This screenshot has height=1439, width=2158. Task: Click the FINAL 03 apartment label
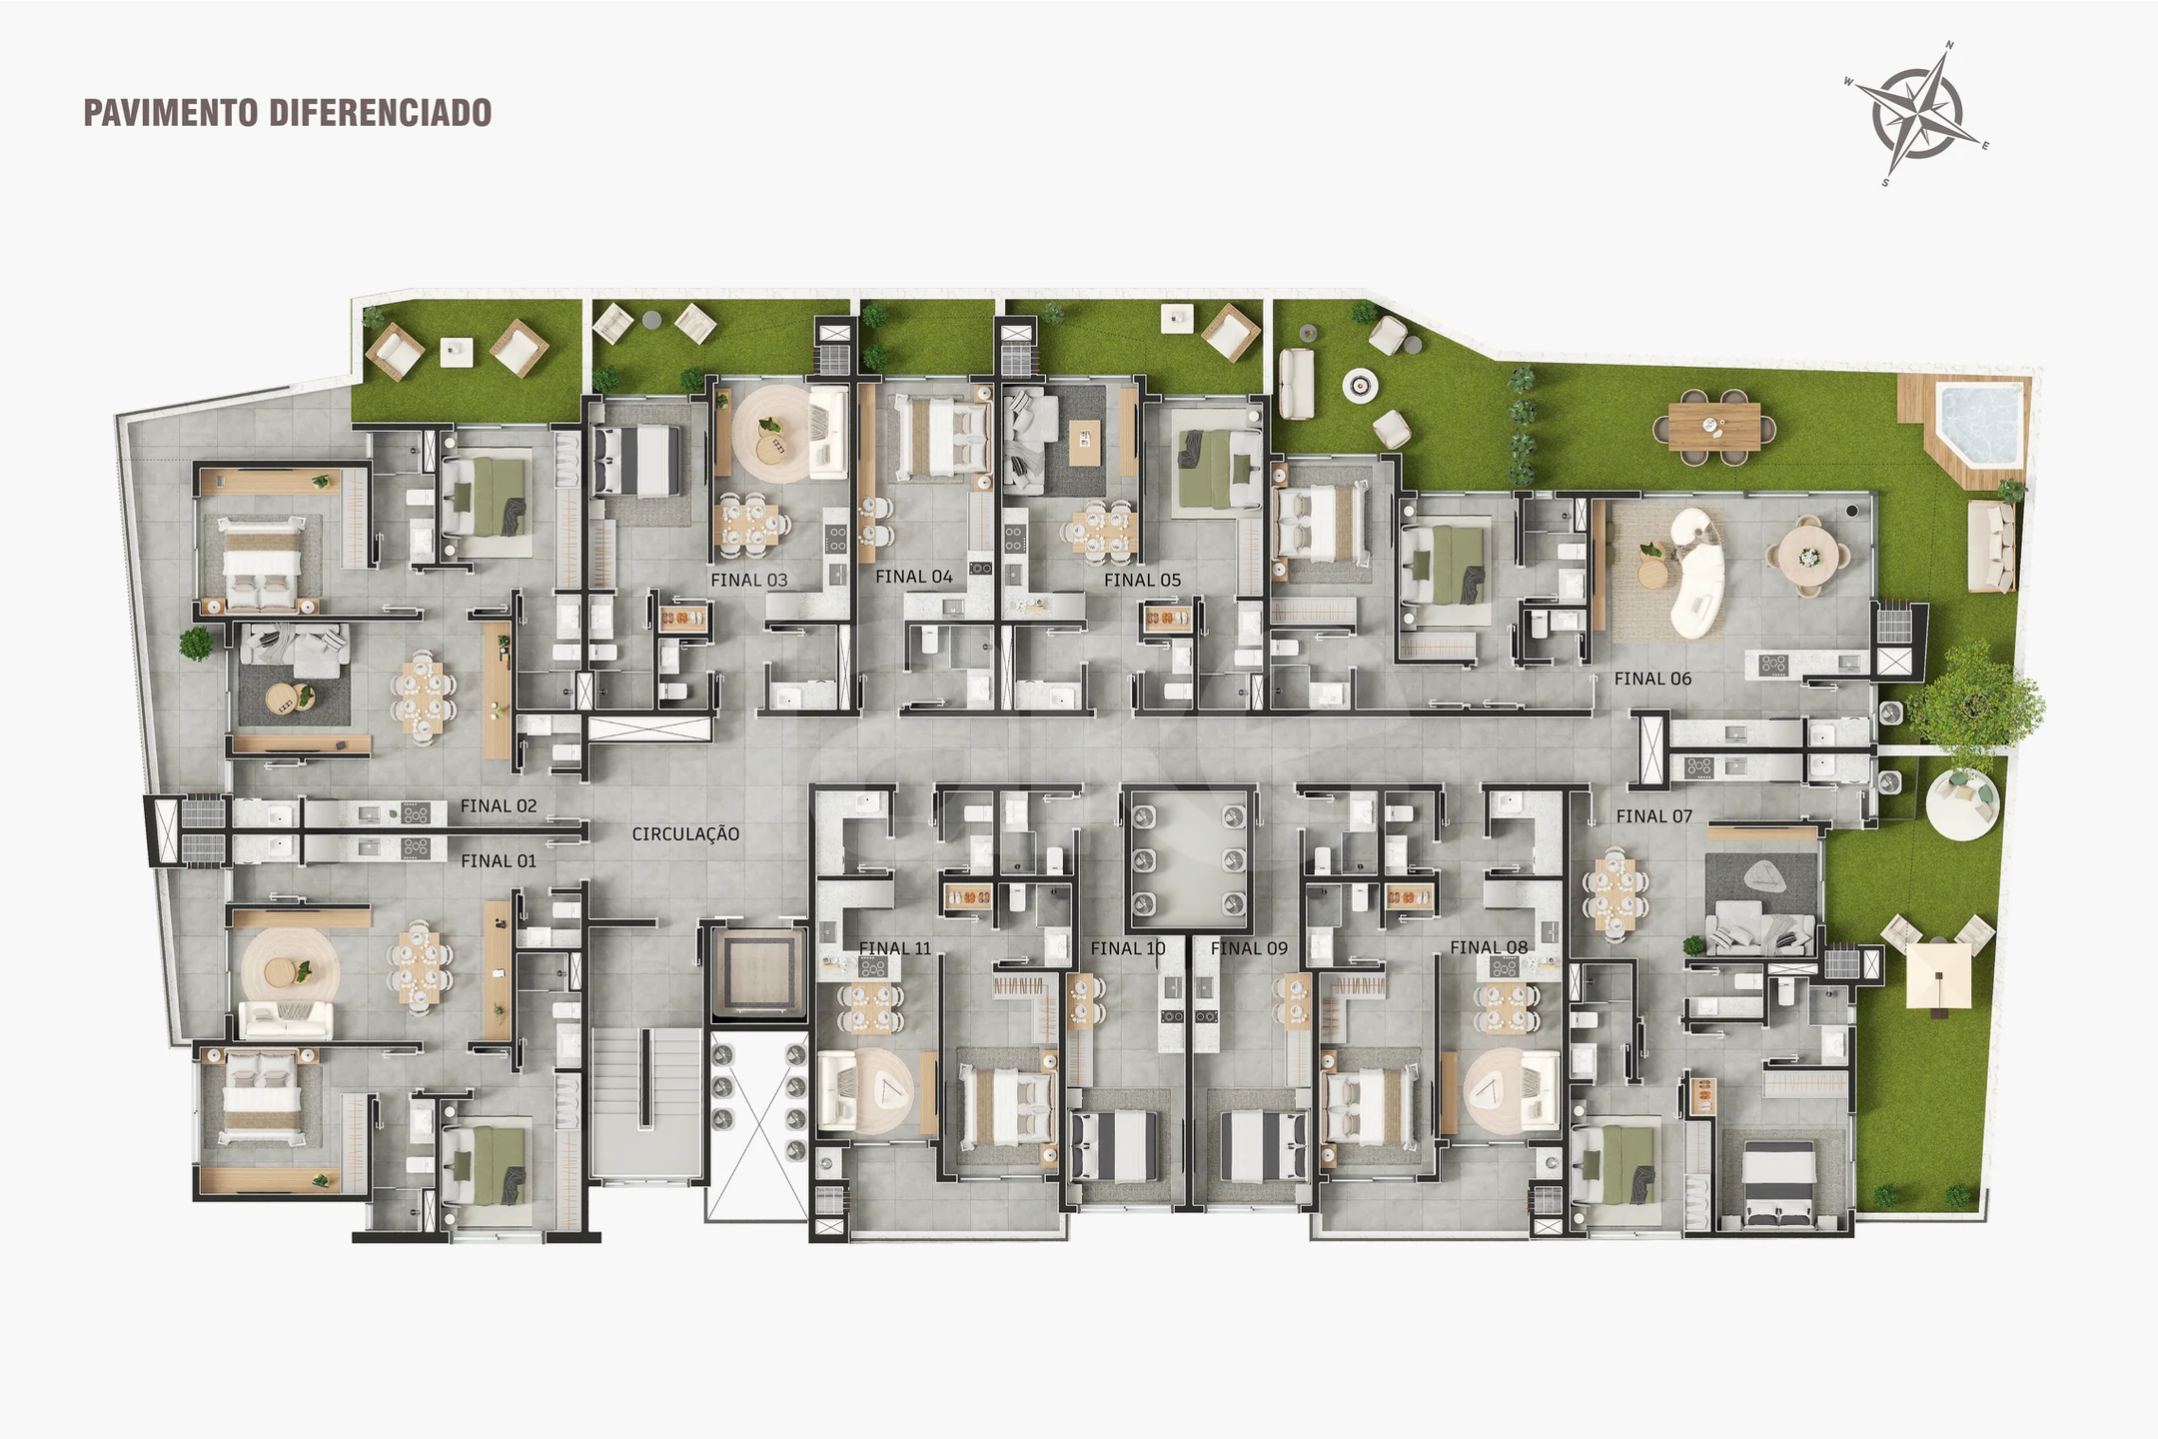(x=749, y=580)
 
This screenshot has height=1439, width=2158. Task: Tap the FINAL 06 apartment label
(x=1653, y=679)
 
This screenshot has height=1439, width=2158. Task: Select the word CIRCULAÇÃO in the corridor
(x=686, y=834)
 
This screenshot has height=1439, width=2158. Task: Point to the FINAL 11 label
(x=895, y=948)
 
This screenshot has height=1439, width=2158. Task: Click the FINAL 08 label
(x=1489, y=947)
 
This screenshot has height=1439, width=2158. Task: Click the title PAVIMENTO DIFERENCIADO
(x=288, y=113)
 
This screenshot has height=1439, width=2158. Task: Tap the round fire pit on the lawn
(x=1360, y=385)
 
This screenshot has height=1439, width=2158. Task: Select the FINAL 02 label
(x=499, y=806)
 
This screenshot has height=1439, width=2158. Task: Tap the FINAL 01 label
(x=499, y=861)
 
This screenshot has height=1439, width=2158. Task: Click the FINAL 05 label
(x=1143, y=580)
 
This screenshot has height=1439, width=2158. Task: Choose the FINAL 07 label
(x=1654, y=816)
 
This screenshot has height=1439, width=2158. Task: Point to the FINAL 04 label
(x=914, y=577)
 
